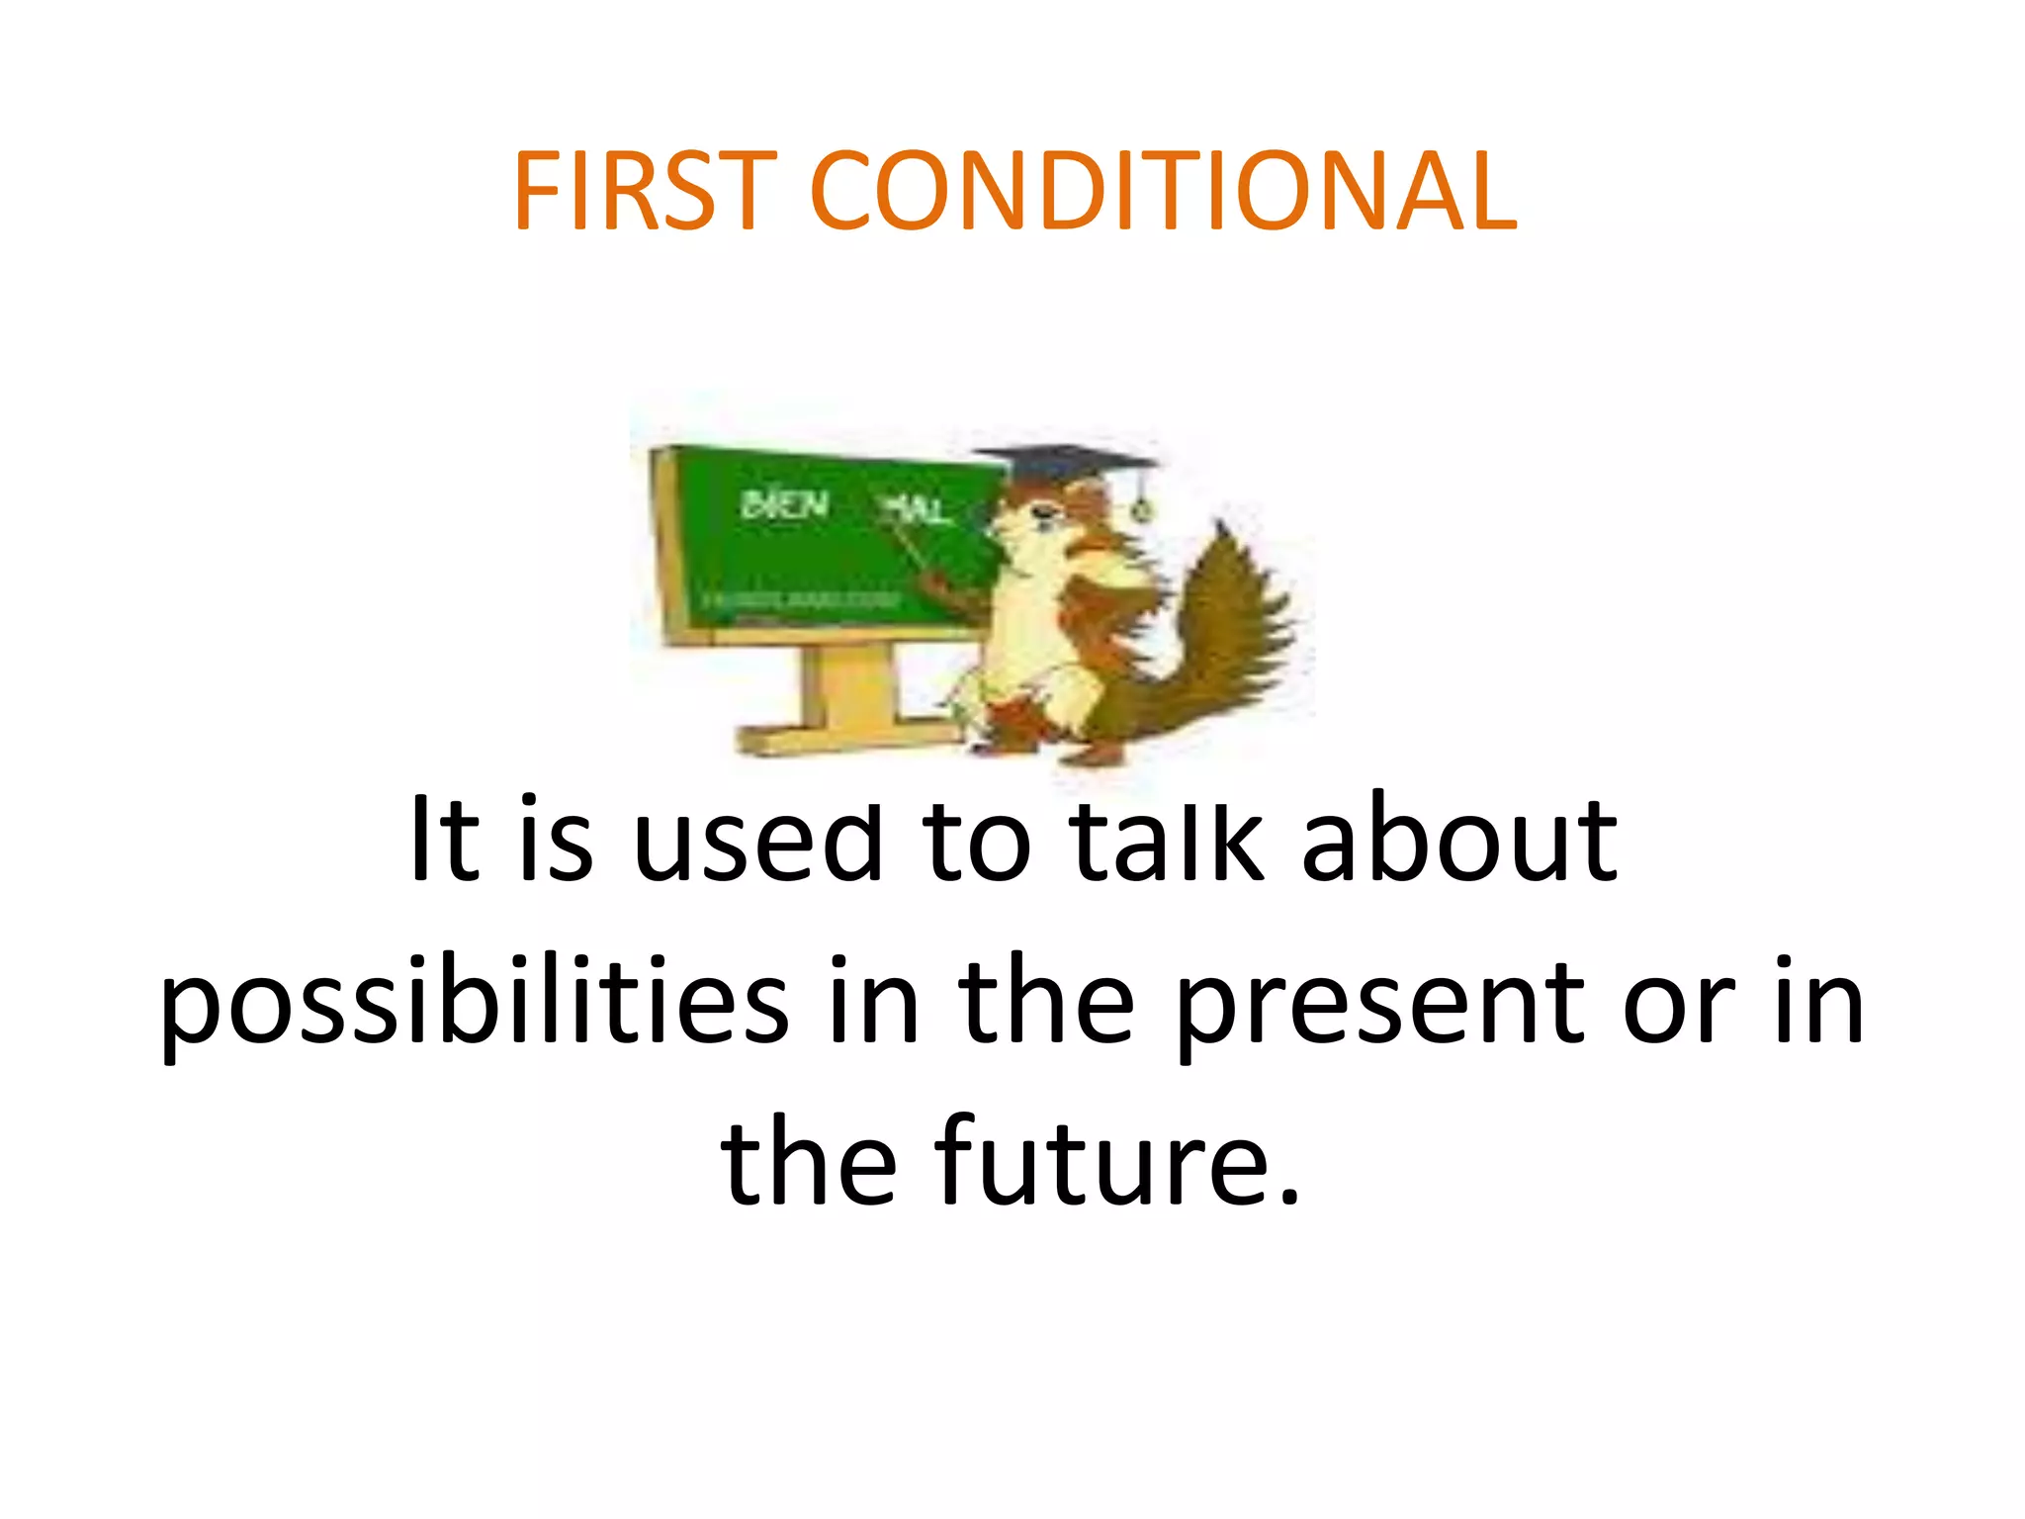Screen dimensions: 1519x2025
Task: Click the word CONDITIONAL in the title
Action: click(x=1163, y=191)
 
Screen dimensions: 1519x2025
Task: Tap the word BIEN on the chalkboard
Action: click(x=784, y=505)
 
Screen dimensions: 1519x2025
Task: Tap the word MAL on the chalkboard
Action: click(x=914, y=510)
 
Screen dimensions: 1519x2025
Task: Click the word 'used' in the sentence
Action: click(x=756, y=841)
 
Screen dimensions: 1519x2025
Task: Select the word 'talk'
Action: click(x=1168, y=841)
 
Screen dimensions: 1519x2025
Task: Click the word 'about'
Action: click(x=1459, y=841)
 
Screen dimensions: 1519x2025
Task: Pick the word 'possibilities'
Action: click(x=475, y=1004)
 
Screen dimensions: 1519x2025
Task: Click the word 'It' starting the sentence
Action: click(x=445, y=841)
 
